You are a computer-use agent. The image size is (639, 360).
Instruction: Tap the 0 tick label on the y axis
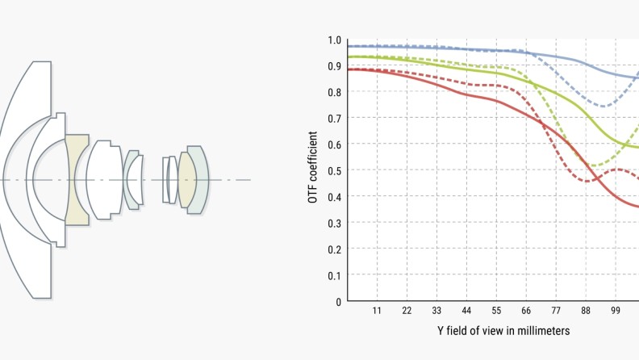(338, 301)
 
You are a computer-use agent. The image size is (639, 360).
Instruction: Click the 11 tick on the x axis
(377, 312)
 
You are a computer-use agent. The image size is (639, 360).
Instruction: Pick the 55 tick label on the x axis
(496, 312)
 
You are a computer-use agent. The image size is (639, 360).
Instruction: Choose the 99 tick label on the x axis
(616, 312)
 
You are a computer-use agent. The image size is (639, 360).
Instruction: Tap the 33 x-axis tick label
(436, 312)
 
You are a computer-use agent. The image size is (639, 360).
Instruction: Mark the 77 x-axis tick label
(556, 312)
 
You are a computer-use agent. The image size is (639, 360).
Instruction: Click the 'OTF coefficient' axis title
(312, 170)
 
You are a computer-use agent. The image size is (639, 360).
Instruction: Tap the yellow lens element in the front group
(77, 179)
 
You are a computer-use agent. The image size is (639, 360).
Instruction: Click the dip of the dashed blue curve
(603, 106)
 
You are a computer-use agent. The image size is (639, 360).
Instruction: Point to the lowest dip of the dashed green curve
(593, 165)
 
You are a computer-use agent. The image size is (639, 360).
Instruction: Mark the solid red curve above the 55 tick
(496, 101)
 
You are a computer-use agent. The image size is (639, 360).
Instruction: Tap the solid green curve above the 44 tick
(466, 69)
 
